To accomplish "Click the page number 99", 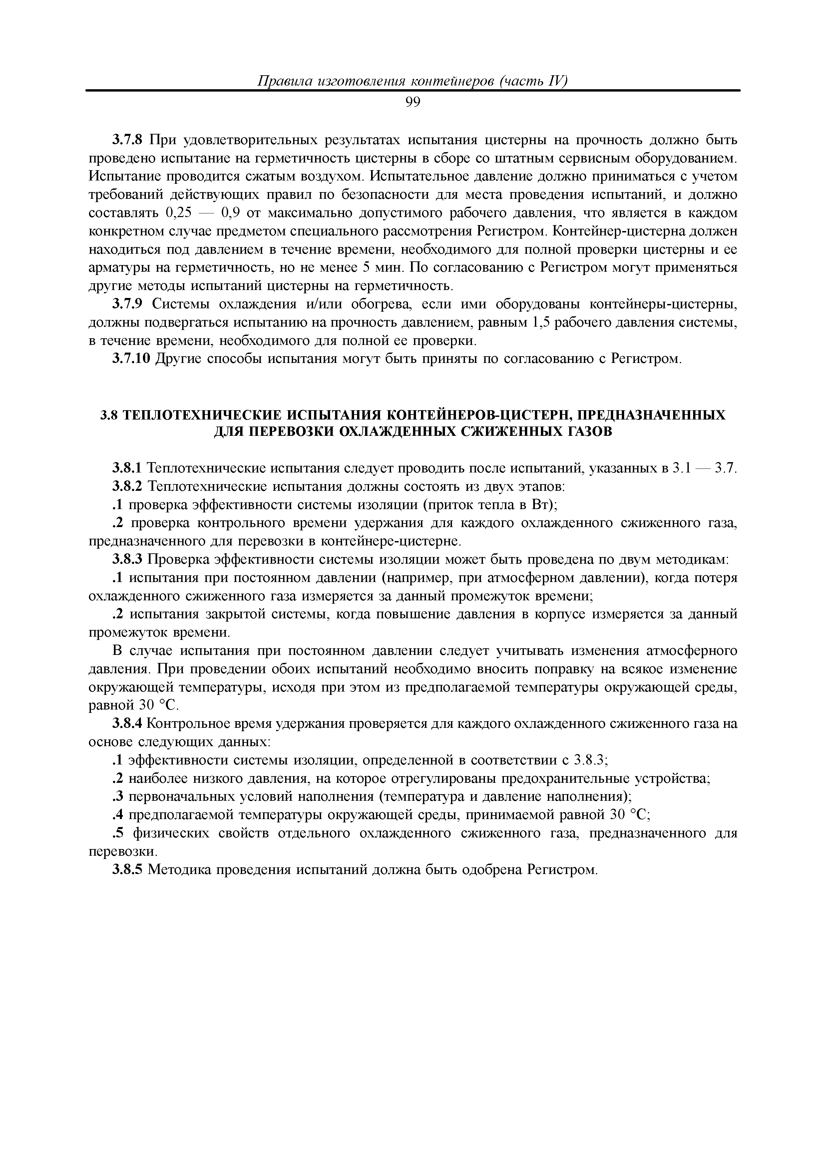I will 413,103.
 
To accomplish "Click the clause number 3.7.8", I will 129,140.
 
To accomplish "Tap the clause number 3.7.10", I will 131,359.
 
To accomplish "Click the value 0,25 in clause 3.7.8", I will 178,213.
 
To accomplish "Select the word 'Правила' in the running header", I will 283,81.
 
